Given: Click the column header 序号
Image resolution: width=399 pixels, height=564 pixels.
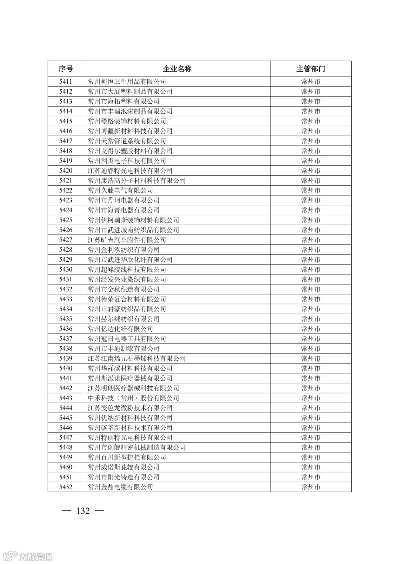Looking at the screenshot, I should point(66,69).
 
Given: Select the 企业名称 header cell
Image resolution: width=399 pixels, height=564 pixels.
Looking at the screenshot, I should point(177,69).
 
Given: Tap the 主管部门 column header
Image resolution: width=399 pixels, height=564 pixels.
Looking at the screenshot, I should point(310,69).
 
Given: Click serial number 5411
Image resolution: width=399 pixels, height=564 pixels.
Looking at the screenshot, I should point(66,82).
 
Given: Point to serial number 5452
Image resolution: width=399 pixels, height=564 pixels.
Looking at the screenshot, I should point(66,487).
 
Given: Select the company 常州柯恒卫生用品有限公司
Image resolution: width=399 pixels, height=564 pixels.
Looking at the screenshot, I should point(127,82).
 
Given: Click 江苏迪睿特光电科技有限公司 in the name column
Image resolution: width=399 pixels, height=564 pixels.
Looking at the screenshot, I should point(130,171).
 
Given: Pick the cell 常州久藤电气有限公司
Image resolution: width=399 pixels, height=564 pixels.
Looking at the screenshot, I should point(120,190).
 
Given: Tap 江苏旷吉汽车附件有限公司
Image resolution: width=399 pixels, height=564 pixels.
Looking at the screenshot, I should point(127,240).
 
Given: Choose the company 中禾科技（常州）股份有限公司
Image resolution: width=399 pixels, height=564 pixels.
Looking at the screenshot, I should point(133,398).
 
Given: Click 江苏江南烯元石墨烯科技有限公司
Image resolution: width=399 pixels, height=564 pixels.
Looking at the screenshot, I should point(137,358).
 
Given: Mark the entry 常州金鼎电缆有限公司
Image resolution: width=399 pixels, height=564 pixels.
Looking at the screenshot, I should point(120,487).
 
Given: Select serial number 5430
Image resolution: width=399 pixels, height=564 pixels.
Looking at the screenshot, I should point(66,269).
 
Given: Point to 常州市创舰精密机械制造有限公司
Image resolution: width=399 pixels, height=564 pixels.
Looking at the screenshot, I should point(137,447).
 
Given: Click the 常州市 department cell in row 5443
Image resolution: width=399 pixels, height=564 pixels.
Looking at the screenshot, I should point(310,398).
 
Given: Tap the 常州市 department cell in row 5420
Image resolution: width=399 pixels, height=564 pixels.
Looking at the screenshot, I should point(310,171).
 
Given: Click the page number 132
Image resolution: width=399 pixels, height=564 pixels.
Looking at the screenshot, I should point(83,511).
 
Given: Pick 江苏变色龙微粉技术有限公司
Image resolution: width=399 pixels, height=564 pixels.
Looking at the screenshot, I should point(130,408).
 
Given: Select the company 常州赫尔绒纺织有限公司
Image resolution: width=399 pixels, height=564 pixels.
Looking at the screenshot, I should point(124,319).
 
